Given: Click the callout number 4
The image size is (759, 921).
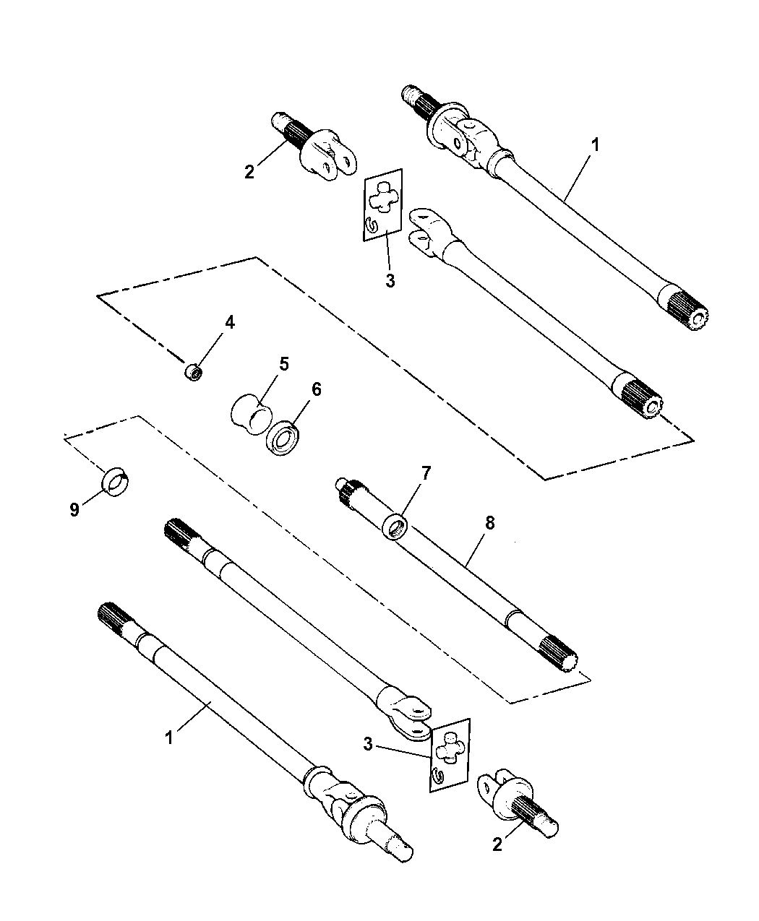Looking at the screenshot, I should pos(229,323).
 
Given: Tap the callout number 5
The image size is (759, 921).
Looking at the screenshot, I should pos(283,363).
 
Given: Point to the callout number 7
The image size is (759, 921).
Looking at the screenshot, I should pos(426,474).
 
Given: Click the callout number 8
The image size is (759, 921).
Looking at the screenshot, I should pos(489,524).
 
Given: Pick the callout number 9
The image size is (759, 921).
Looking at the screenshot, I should pos(74,510).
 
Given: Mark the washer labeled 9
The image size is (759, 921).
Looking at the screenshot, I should pos(113,482).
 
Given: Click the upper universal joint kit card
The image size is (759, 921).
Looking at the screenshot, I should pos(382,204).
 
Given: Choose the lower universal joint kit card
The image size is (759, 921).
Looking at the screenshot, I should pos(449,755).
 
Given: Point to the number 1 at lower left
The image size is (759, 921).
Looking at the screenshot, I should pos(170,739).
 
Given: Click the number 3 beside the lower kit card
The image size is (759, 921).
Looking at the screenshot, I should pos(369,745).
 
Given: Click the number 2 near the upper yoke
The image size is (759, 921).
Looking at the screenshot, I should pos(249,171).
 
